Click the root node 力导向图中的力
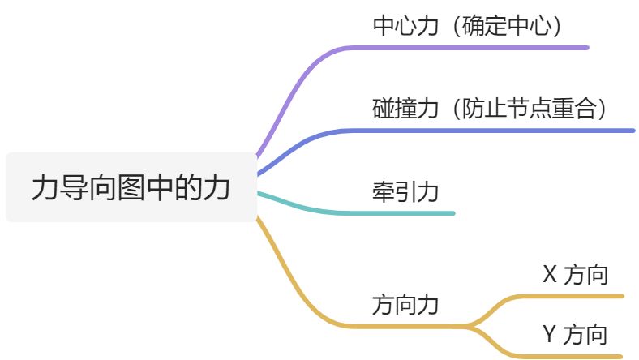[131, 187]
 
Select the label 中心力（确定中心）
[467, 27]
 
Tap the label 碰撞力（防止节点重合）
[490, 109]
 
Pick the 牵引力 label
[405, 192]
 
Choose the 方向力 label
[405, 306]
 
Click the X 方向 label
[575, 275]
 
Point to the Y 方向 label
[575, 334]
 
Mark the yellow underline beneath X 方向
[568, 296]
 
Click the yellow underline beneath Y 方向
[568, 355]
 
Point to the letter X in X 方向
[549, 275]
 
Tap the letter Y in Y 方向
[549, 334]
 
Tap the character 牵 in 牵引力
[383, 192]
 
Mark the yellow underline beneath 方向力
[405, 326]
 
